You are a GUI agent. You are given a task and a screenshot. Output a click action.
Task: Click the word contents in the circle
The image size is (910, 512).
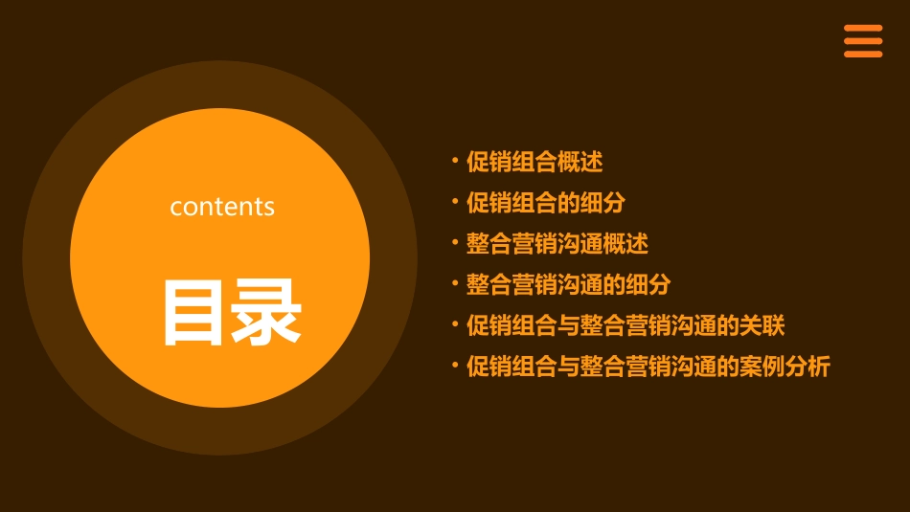222,207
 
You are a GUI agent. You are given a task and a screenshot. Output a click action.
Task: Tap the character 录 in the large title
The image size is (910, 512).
267,312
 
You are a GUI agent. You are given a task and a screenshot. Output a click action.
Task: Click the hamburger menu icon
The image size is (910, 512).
863,41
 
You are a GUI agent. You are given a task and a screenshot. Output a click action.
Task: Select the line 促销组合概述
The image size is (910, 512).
535,162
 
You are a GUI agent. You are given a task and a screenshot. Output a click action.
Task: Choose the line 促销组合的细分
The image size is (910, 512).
546,203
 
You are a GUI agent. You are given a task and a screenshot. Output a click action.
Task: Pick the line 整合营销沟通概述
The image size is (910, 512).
557,244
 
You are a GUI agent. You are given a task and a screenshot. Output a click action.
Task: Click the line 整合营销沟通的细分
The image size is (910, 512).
569,285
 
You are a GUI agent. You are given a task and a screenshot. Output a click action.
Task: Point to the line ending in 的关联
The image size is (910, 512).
626,325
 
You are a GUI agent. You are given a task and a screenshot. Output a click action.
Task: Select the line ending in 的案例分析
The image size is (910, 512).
648,367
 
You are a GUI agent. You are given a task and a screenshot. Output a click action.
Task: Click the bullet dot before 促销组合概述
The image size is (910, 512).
455,160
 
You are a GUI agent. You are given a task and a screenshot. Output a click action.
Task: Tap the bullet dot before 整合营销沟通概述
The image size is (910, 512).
455,242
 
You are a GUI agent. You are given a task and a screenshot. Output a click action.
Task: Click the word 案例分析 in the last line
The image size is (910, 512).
785,367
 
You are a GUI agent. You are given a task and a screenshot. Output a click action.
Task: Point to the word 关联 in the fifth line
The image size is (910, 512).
762,325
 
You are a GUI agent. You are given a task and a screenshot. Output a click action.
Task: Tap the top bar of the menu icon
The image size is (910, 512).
863,29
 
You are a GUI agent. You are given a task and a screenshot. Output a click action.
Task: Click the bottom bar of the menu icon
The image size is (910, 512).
863,54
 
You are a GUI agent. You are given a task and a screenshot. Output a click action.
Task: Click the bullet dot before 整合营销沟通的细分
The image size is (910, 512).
455,283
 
